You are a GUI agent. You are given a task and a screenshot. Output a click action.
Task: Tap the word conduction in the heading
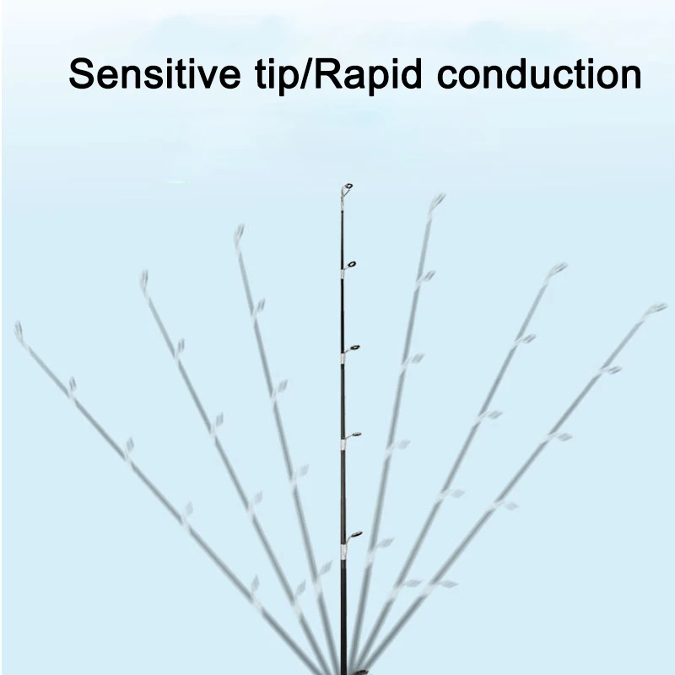point(539,74)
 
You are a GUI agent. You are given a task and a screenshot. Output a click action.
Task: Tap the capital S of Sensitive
point(83,74)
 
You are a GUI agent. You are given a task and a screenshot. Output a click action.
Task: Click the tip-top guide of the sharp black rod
point(347,187)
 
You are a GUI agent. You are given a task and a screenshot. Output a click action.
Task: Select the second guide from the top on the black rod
point(350,265)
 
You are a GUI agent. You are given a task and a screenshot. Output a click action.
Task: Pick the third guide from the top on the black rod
point(354,348)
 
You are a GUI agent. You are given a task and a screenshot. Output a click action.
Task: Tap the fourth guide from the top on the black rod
point(355,435)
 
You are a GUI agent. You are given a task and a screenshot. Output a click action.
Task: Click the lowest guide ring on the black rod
point(355,534)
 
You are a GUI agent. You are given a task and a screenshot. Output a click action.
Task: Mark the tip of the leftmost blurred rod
point(19,328)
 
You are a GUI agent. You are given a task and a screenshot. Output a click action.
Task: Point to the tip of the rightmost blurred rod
point(657,308)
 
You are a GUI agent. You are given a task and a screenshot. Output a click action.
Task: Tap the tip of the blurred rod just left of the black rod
point(239,230)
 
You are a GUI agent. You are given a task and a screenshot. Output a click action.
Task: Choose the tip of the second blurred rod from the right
point(558,269)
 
